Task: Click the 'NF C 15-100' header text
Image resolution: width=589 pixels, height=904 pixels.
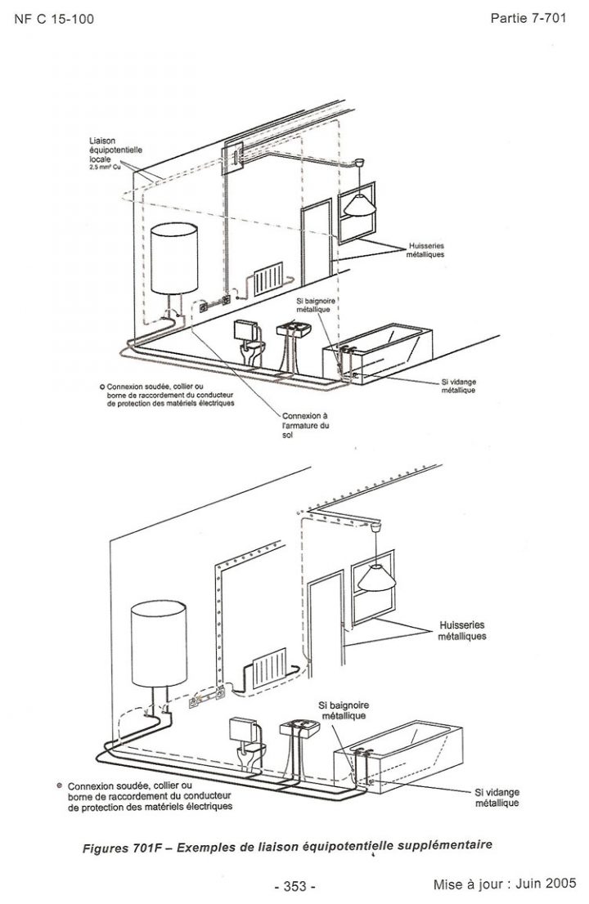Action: click(x=54, y=18)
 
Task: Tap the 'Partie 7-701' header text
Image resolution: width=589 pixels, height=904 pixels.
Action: click(x=528, y=17)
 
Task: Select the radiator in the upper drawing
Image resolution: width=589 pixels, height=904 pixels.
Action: click(x=268, y=280)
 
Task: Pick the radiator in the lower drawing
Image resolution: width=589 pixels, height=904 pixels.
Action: click(x=269, y=669)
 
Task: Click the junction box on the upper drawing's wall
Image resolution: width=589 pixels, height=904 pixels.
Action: click(x=235, y=155)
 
